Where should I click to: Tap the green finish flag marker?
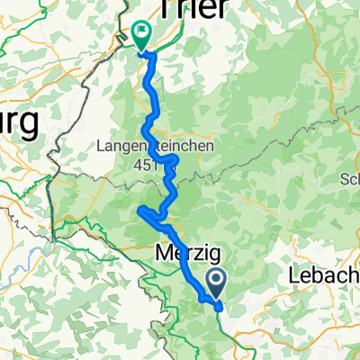(141, 34)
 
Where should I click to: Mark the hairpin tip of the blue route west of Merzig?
(139, 211)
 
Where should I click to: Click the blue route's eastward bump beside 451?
(176, 158)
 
